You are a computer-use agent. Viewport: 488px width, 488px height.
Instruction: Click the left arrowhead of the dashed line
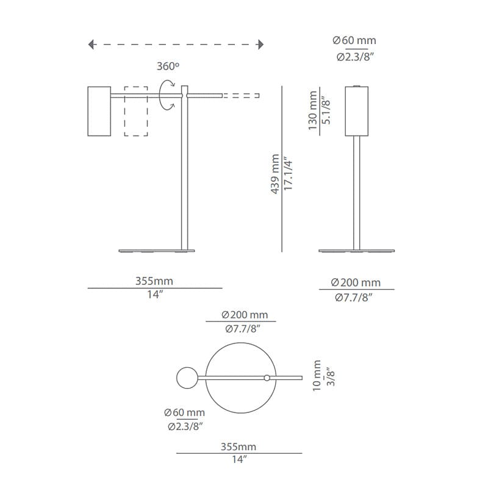(x=91, y=44)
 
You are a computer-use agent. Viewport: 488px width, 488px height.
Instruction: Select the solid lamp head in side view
(x=98, y=112)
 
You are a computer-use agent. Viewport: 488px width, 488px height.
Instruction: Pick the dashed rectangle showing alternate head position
(x=136, y=111)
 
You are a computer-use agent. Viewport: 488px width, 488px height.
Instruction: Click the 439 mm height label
(x=275, y=174)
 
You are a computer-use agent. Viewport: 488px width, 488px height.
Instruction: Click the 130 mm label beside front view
(x=314, y=110)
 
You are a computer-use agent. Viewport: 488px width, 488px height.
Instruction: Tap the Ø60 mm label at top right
(x=354, y=41)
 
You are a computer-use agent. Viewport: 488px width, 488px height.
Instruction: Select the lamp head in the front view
(x=358, y=111)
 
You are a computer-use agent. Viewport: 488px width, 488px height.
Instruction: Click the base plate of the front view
(x=358, y=249)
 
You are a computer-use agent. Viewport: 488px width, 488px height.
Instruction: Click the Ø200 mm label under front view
(x=356, y=282)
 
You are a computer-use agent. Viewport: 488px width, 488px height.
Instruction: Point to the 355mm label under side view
(x=154, y=281)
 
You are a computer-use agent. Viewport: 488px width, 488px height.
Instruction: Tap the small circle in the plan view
(x=186, y=378)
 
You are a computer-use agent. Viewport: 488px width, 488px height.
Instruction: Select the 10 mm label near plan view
(x=317, y=375)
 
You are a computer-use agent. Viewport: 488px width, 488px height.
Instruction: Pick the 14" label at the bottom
(x=239, y=459)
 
